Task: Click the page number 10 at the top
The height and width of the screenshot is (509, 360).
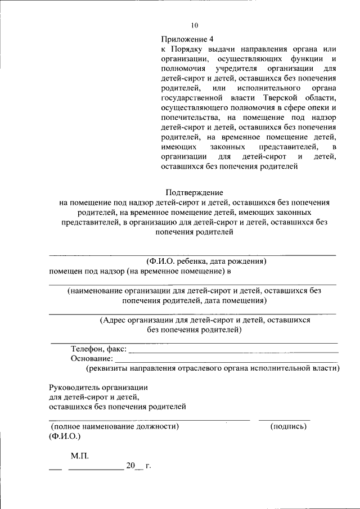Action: (x=195, y=25)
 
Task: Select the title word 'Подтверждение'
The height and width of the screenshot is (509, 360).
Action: (x=194, y=192)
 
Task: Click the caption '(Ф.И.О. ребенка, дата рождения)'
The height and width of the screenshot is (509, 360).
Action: (x=206, y=262)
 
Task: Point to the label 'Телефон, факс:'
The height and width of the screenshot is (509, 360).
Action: (x=98, y=349)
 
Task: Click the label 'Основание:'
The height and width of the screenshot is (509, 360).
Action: (x=92, y=359)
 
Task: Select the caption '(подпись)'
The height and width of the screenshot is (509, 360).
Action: (x=289, y=427)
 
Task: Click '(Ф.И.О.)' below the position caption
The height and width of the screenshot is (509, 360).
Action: (x=65, y=436)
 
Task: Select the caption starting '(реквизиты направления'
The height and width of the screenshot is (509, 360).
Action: (x=213, y=368)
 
